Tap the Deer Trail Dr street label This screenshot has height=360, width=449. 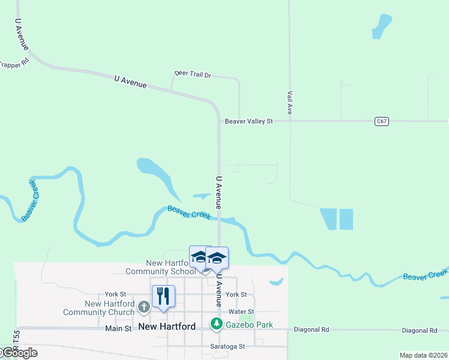point(193,74)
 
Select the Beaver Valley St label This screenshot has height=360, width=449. point(249,121)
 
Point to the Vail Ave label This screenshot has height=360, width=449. point(289,103)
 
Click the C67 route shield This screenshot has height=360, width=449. point(382,121)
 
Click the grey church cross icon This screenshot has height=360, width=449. point(143,307)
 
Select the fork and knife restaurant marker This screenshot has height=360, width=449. point(163,296)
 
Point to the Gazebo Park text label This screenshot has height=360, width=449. point(249,325)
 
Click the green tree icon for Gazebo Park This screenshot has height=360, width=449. point(216,324)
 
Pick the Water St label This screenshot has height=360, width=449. point(241,312)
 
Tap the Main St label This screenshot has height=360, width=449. point(118,328)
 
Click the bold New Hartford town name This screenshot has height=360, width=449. point(167,327)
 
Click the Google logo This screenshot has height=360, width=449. point(19,353)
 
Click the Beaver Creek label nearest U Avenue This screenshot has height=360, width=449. point(189,212)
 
